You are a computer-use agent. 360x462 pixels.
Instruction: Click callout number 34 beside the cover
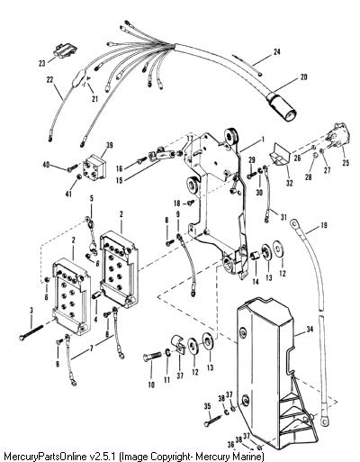click(x=310, y=330)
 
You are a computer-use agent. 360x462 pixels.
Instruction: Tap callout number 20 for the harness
click(x=303, y=77)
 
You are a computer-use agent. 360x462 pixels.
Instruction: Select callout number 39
click(x=110, y=145)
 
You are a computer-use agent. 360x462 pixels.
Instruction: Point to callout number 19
click(x=324, y=225)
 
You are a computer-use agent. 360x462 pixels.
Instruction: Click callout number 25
click(x=346, y=163)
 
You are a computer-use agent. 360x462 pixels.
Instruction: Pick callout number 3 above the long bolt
click(x=31, y=311)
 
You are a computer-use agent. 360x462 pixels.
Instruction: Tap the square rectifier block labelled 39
click(x=94, y=168)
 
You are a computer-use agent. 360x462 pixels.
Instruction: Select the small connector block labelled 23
click(x=65, y=50)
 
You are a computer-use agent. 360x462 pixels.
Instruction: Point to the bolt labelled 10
click(x=153, y=358)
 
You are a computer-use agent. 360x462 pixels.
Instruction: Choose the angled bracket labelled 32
click(x=278, y=158)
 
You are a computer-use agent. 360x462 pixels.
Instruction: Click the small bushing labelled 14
click(x=255, y=257)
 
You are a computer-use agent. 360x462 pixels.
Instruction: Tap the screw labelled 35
click(x=213, y=420)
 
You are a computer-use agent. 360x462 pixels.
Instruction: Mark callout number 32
click(x=289, y=183)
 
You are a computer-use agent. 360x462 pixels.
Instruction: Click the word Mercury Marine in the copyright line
click(x=235, y=457)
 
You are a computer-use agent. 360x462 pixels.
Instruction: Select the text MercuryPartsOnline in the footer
click(x=44, y=457)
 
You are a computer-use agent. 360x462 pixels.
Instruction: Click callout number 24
click(x=277, y=52)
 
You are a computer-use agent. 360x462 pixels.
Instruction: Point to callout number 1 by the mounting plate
click(x=263, y=140)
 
